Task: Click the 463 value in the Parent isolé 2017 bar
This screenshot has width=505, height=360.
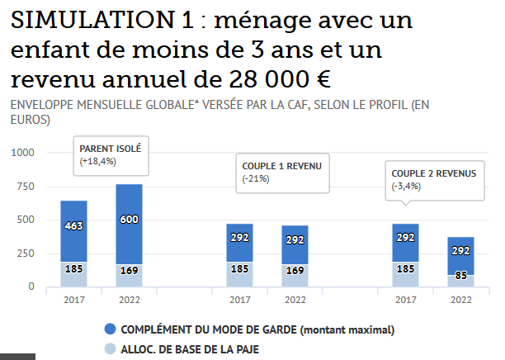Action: (x=74, y=225)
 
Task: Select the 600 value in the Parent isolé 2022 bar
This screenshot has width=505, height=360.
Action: (x=129, y=219)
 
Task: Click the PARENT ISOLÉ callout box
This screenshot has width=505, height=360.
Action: (x=111, y=154)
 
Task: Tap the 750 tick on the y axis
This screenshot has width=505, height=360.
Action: (x=26, y=187)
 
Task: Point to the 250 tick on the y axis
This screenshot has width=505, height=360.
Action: (x=26, y=253)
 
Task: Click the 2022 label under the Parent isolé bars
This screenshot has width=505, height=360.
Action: (x=129, y=300)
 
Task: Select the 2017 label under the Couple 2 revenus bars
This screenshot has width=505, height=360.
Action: (x=405, y=300)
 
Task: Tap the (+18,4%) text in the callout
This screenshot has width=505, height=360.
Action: (x=98, y=161)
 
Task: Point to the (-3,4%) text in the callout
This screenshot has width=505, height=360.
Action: (x=407, y=186)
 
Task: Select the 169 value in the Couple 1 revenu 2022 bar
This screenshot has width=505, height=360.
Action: (x=295, y=269)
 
